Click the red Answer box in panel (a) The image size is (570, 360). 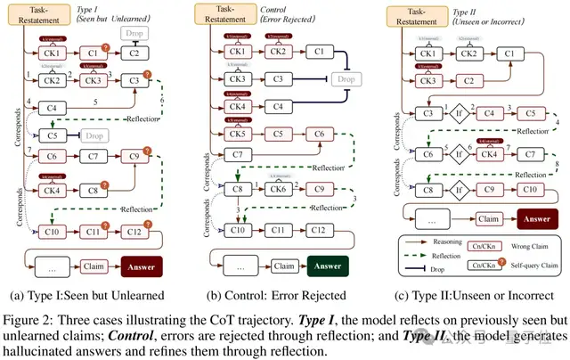coord(142,266)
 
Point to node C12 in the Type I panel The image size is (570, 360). coord(133,232)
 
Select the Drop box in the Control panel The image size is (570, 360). coord(343,79)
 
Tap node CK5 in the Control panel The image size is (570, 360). coord(238,135)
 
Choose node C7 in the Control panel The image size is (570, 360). coord(238,155)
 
